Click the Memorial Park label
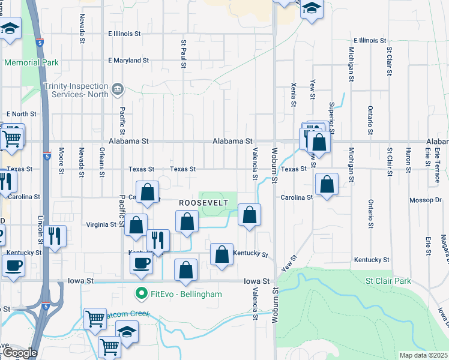point(31,62)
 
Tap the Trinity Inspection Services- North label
point(76,90)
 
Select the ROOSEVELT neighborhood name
point(203,203)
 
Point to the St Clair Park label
point(388,281)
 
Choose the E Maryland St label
point(128,60)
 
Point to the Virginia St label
point(102,224)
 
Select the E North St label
point(22,113)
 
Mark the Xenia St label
point(294,95)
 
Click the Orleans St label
point(102,159)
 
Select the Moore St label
point(61,160)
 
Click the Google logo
point(20,353)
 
